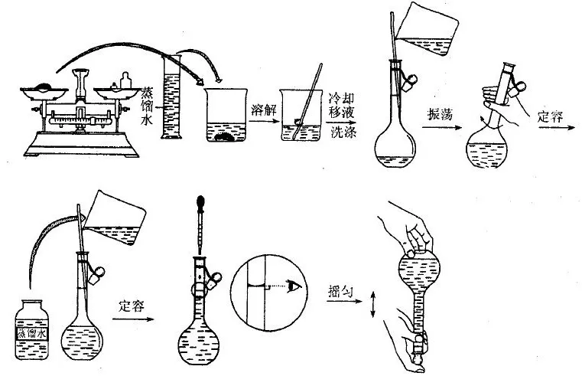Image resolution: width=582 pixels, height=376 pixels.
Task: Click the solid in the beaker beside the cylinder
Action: click(x=228, y=139)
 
